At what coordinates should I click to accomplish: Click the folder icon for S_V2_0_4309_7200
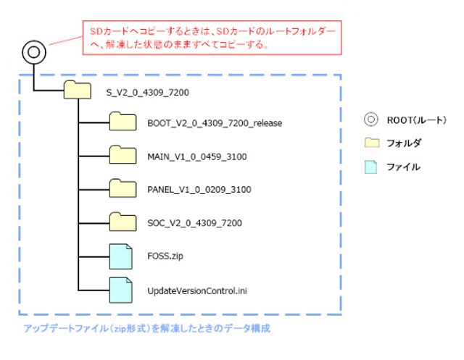click(x=76, y=91)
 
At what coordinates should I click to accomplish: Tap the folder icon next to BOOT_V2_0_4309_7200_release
click(x=123, y=122)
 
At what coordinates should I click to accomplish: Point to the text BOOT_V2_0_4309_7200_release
click(x=214, y=122)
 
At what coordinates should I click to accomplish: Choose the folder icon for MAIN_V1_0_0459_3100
click(x=123, y=155)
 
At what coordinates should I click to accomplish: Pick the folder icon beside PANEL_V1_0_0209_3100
click(x=123, y=188)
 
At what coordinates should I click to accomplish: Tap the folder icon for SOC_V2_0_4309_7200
click(x=123, y=221)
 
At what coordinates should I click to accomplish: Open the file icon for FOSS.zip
click(x=121, y=255)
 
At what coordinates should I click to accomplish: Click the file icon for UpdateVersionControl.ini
click(x=121, y=289)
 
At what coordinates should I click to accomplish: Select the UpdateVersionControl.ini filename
click(x=192, y=290)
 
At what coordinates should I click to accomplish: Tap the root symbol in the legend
click(x=371, y=120)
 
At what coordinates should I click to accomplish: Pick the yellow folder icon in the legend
click(x=372, y=143)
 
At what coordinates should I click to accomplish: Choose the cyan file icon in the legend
click(x=372, y=167)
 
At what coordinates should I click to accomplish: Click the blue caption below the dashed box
click(x=147, y=329)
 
